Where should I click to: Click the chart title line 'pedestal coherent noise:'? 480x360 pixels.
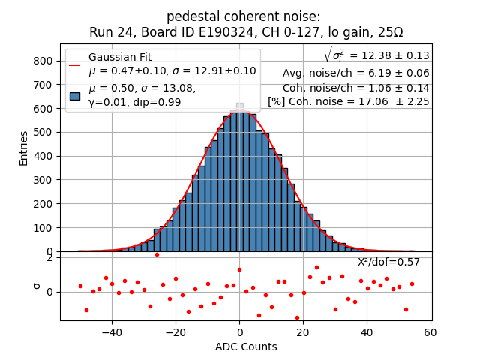243,16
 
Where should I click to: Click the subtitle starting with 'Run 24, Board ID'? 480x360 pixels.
246,32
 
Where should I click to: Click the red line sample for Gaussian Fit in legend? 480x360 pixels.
75,64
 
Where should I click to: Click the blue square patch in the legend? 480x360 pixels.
75,95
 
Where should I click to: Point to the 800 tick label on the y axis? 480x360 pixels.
44,61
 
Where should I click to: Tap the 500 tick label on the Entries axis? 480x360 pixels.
44,132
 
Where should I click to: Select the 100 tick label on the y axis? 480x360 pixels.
44,228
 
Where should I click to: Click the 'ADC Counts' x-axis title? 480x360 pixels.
246,346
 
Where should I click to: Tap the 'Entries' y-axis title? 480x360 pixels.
24,148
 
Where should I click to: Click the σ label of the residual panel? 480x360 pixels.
35,286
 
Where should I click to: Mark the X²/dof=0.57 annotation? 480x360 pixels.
388,262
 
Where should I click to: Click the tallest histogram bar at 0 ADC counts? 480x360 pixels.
240,180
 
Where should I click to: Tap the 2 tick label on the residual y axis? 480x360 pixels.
49,258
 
